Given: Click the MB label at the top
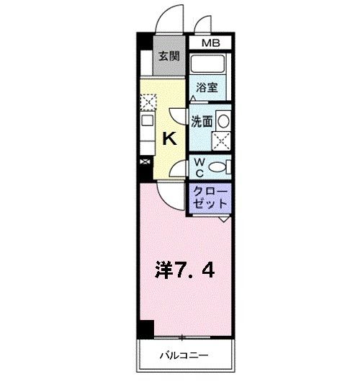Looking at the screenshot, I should point(210,43).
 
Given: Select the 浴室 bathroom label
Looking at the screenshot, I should point(208,88).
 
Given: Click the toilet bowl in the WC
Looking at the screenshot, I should point(222,167).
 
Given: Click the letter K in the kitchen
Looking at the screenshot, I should point(170,139).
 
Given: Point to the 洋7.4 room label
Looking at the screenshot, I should point(184,271).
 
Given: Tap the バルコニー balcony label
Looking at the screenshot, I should point(184,355).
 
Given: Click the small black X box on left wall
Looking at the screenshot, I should point(146,162).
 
